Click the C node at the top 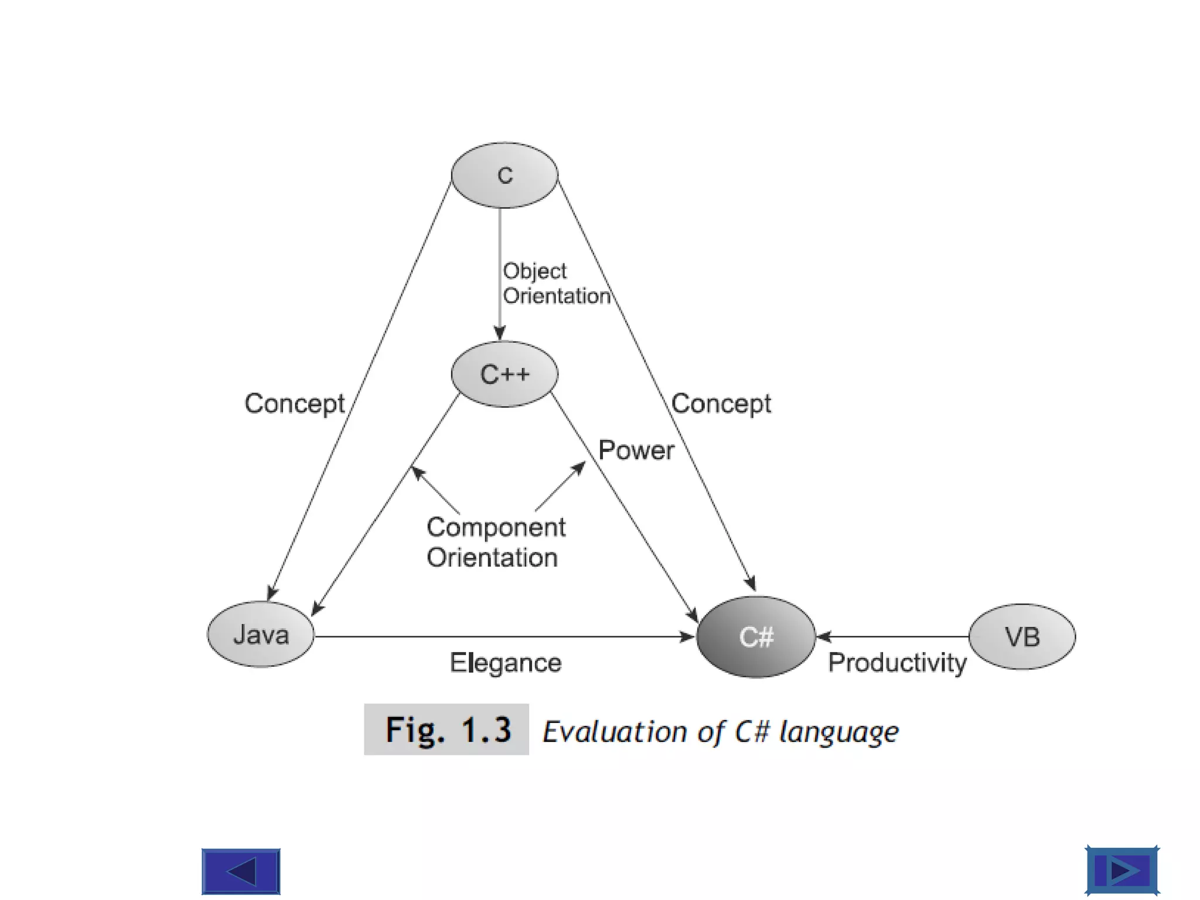(x=504, y=175)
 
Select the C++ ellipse (x=504, y=374)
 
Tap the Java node (x=261, y=635)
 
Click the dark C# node (x=756, y=637)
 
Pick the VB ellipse (x=1022, y=637)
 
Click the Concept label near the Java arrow (x=294, y=404)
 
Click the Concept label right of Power (x=721, y=404)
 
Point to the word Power (x=636, y=451)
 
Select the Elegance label (x=505, y=663)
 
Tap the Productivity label (x=896, y=663)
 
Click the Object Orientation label (x=555, y=284)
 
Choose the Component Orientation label (x=495, y=542)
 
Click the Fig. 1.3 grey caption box (x=446, y=729)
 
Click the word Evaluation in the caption (x=614, y=732)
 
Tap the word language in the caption (x=838, y=732)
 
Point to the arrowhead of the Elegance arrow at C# (x=687, y=636)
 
